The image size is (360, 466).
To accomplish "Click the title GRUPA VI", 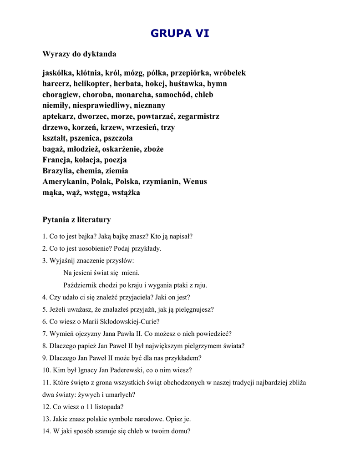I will tap(180, 33).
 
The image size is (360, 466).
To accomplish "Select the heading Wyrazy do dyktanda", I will tap(79, 54).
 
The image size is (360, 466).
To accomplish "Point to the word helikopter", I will tap(92, 84).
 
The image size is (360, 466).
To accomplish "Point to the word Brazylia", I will tap(58, 171).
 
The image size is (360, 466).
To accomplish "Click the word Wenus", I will tap(195, 182).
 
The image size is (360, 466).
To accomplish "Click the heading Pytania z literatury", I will tap(76, 220).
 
